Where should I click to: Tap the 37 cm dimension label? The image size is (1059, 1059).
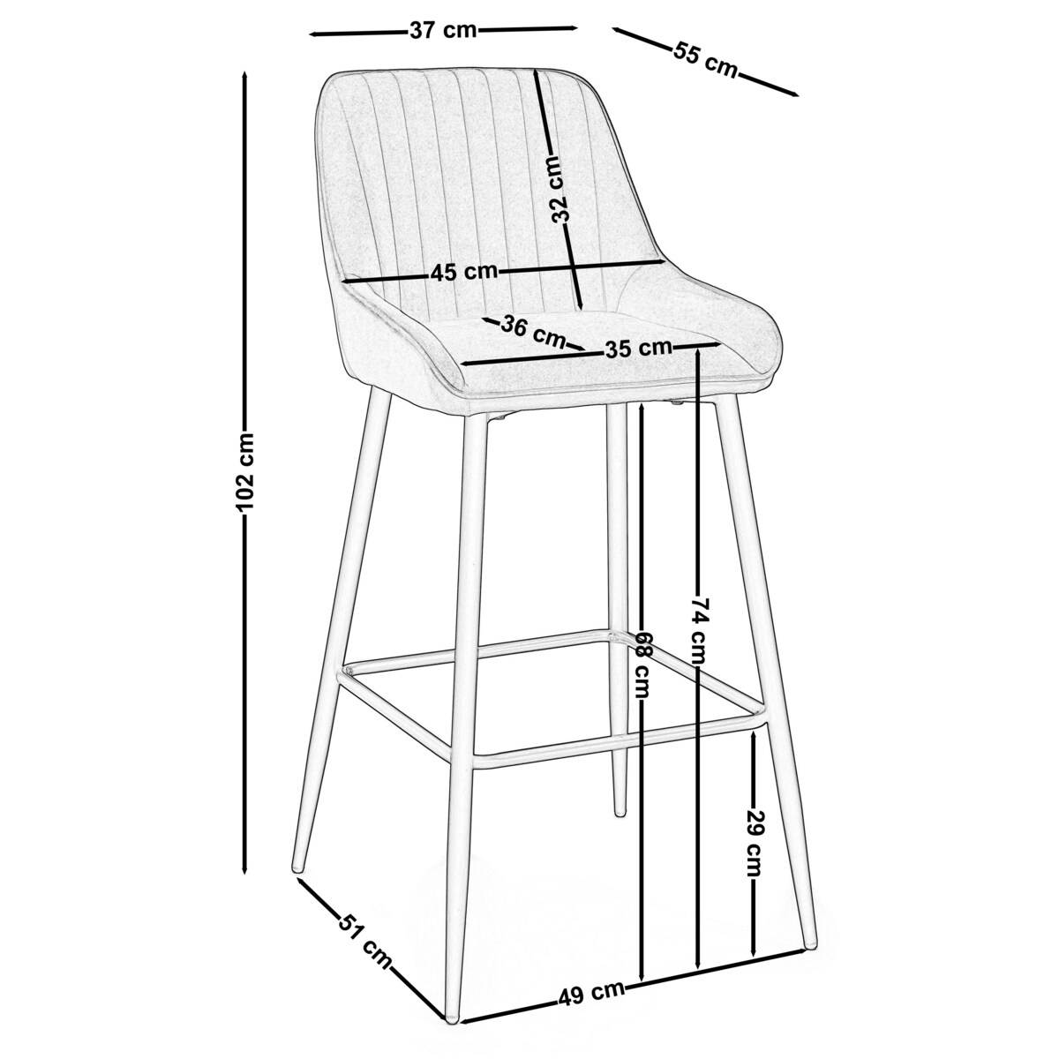pos(444,30)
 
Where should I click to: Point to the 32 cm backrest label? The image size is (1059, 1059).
pos(559,190)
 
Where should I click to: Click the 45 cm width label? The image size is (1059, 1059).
pos(464,272)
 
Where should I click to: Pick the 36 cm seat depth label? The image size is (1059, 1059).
pos(533,331)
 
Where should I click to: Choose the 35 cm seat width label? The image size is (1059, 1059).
pos(638,348)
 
